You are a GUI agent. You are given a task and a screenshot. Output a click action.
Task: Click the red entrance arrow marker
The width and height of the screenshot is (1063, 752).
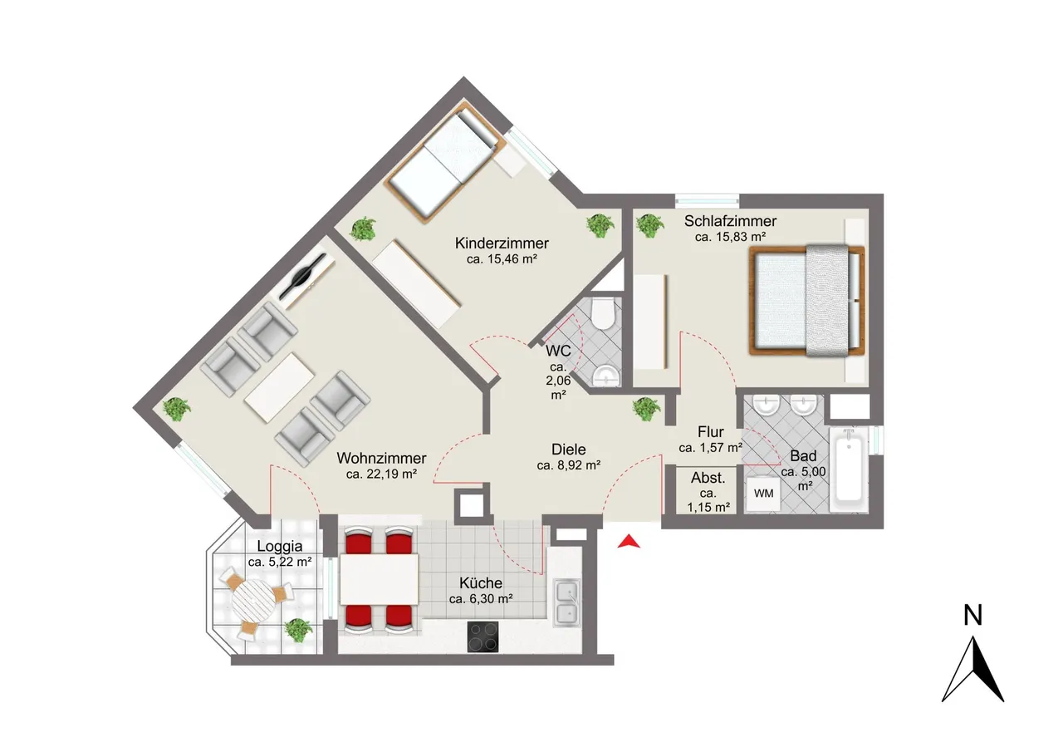629,542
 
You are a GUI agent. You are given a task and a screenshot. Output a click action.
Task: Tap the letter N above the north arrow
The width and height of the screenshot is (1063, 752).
972,615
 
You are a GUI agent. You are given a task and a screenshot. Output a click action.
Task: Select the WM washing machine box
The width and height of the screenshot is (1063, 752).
763,494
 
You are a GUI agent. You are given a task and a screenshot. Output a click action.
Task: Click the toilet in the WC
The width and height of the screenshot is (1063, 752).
603,313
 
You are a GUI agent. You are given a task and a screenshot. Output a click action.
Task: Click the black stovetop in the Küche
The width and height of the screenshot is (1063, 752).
483,636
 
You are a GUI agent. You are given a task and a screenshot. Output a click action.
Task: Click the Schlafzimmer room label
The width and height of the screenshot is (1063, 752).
730,221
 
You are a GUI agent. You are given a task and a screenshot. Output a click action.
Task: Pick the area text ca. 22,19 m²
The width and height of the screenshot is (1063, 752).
381,474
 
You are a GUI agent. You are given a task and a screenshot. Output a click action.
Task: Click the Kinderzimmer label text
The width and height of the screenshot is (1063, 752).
502,243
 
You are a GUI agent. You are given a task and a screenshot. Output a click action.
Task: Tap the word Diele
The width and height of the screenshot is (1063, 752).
569,449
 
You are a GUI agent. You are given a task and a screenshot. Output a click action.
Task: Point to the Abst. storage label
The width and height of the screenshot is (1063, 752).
708,478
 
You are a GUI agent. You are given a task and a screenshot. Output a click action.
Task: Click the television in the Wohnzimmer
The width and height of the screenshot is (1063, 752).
303,278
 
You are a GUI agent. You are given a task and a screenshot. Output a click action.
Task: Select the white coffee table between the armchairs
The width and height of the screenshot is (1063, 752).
279,387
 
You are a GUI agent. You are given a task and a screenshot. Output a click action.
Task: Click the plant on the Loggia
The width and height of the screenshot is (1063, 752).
298,631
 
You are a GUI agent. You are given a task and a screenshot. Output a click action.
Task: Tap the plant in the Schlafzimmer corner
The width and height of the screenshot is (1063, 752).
649,225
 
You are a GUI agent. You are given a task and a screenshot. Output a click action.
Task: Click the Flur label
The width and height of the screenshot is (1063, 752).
710,432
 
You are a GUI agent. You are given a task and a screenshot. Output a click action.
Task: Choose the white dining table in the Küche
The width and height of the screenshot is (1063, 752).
380,579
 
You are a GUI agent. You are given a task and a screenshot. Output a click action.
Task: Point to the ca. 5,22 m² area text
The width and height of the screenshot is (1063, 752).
280,562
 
